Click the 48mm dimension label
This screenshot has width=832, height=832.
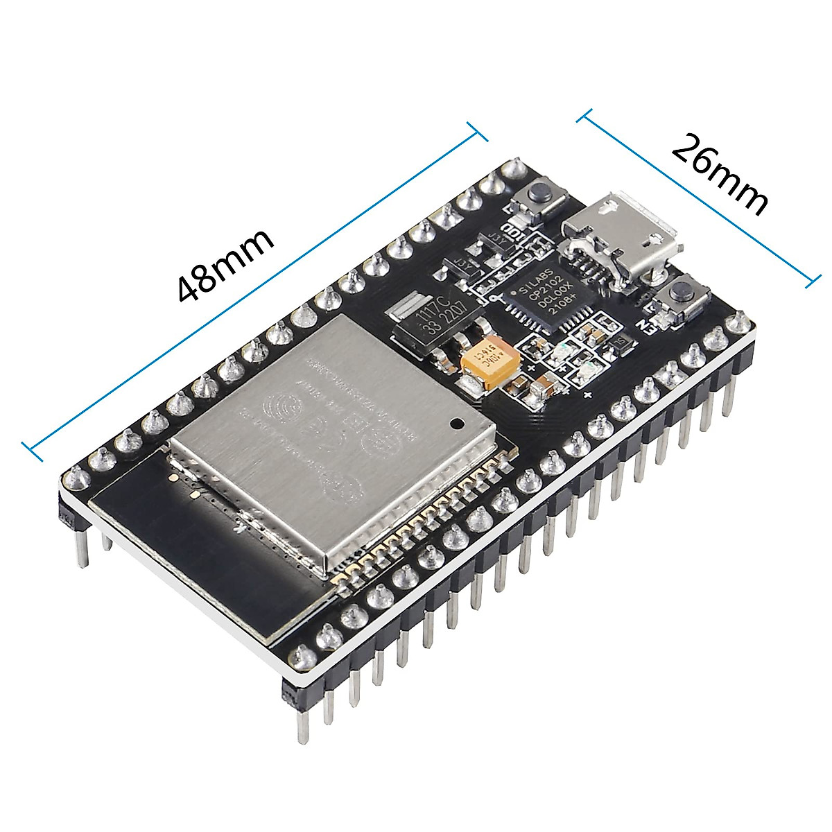coord(225,267)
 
